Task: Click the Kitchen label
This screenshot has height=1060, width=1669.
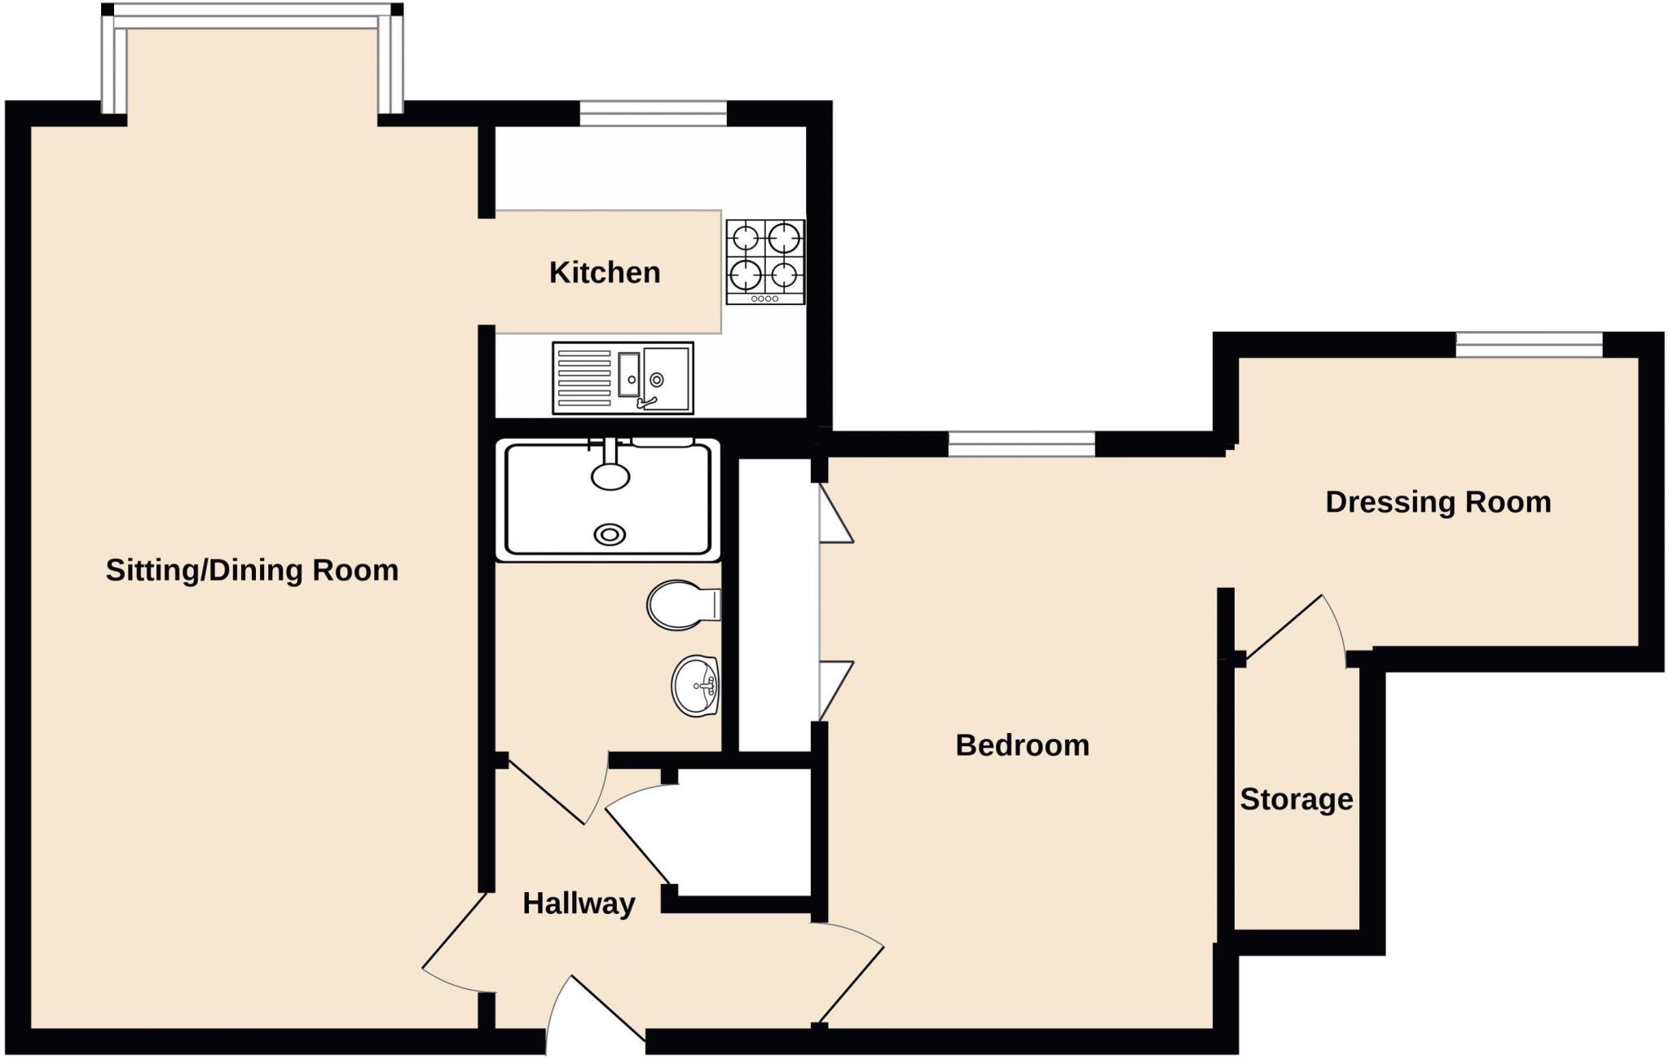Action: [x=604, y=272]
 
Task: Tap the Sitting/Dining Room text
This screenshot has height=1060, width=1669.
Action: [x=252, y=570]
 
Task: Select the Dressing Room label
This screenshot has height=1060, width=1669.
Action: [x=1438, y=502]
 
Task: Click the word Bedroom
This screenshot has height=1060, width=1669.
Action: [x=1022, y=745]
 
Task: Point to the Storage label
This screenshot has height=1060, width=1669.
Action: [x=1296, y=799]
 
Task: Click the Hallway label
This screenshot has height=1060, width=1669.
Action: [x=579, y=903]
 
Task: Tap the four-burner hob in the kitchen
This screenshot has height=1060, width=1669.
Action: [x=765, y=261]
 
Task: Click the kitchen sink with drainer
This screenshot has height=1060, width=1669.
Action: [x=623, y=378]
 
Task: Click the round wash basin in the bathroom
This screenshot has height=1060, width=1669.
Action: [x=695, y=685]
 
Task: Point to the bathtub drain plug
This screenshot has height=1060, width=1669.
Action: [x=610, y=535]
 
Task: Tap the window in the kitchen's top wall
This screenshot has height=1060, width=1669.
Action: [x=653, y=113]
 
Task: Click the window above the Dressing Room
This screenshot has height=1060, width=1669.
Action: [x=1529, y=344]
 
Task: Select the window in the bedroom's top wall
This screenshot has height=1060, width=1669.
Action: [x=1021, y=444]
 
